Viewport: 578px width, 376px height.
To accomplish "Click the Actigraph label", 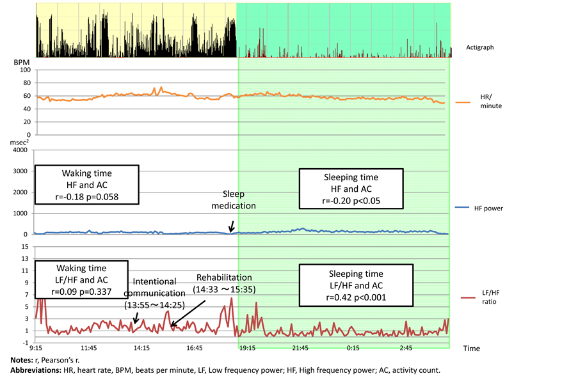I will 481,48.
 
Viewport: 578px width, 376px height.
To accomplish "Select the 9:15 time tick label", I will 36,349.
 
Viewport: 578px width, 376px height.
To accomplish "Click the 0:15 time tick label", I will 353,349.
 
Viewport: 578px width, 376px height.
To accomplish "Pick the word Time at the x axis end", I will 471,349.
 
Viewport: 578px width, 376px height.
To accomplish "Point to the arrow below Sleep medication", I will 231,225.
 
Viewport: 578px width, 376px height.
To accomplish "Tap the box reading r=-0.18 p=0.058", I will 86,185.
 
